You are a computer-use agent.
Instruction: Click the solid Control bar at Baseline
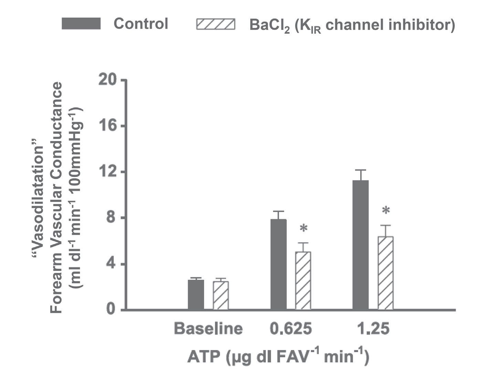[x=196, y=295]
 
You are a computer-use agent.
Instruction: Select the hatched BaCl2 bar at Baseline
[x=221, y=296]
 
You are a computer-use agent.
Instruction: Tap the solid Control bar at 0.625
[x=279, y=264]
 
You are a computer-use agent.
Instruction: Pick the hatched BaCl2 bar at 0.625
[x=303, y=280]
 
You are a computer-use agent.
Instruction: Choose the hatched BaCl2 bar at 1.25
[x=386, y=273]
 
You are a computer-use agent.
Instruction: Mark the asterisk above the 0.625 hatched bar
[x=304, y=229]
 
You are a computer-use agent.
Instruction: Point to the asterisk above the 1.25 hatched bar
[x=386, y=211]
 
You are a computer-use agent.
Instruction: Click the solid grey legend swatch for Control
[x=81, y=24]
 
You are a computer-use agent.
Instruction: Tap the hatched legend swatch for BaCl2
[x=216, y=24]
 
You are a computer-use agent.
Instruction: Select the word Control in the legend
[x=141, y=24]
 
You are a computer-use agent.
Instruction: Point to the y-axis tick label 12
[x=107, y=172]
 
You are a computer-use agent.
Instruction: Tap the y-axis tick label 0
[x=111, y=310]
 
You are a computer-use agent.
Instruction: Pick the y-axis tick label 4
[x=111, y=264]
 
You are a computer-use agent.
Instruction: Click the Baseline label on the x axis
[x=208, y=329]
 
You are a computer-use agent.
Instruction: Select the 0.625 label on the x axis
[x=291, y=329]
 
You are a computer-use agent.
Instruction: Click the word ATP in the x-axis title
[x=204, y=357]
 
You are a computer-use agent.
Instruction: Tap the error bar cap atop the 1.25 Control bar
[x=360, y=170]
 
